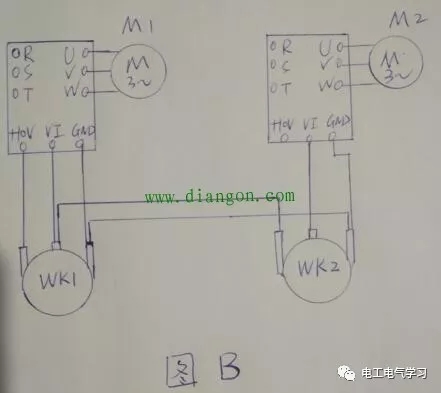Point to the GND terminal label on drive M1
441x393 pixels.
tap(83, 131)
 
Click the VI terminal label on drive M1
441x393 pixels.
tap(54, 131)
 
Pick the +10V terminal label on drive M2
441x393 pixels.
tap(282, 126)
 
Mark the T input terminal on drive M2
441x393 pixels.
tap(284, 87)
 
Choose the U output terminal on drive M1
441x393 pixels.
tap(70, 49)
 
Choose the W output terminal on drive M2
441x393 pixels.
tap(327, 85)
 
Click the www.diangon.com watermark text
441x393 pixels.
tap(220, 197)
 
